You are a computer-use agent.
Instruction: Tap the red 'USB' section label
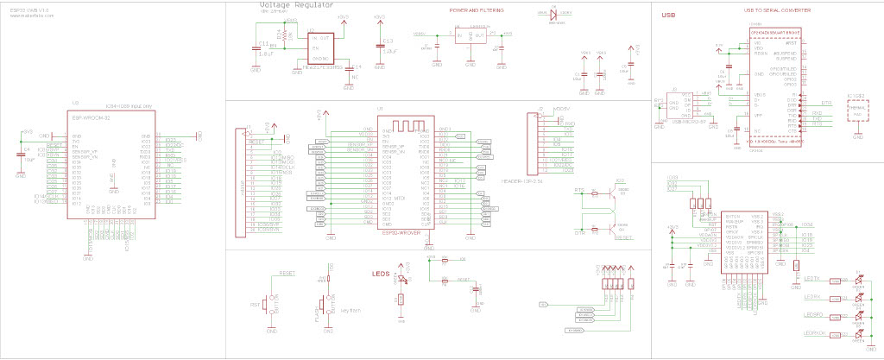(x=668, y=16)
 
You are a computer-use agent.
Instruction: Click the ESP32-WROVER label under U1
(x=401, y=231)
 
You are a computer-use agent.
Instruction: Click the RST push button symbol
(x=269, y=306)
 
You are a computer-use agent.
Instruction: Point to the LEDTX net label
(x=812, y=278)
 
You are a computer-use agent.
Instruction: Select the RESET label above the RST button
(x=287, y=273)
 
